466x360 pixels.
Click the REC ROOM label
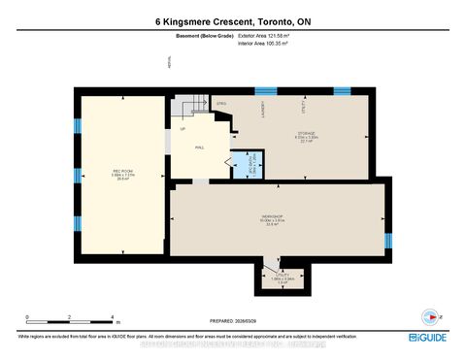(x=122, y=172)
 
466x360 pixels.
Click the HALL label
(x=199, y=147)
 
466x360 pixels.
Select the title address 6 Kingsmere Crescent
(x=233, y=22)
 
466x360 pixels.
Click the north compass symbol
(x=430, y=316)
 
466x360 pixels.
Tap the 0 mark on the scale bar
(x=27, y=318)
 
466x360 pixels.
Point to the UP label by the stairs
(x=182, y=128)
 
